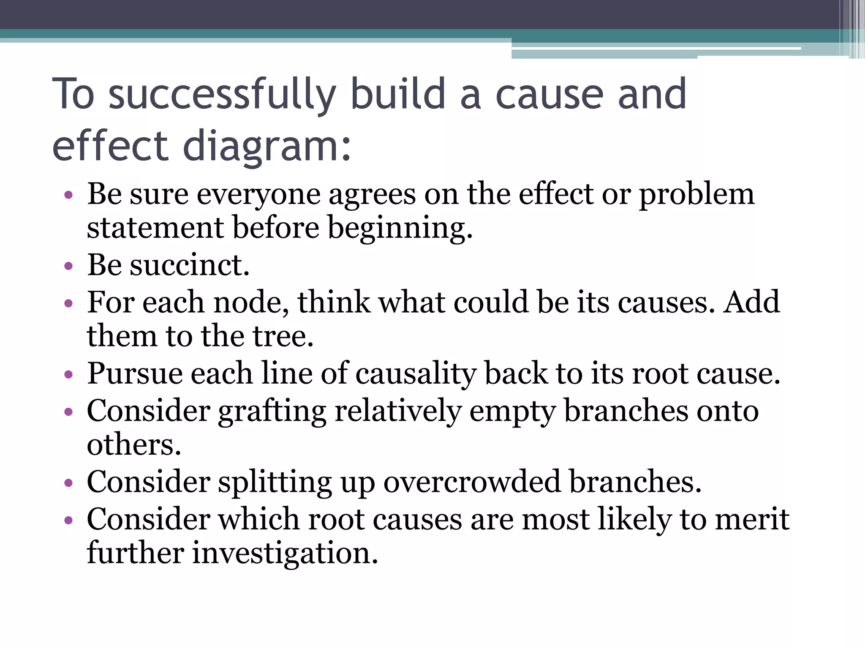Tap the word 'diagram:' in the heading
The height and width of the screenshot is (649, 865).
[267, 146]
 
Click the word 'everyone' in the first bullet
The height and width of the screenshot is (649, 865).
[258, 195]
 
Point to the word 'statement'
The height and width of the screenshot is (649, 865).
[155, 228]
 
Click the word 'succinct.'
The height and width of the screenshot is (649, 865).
[190, 265]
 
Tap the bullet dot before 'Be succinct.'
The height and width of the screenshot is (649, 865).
[68, 266]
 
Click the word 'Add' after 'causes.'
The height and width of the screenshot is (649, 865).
[751, 302]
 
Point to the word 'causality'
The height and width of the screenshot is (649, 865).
[416, 374]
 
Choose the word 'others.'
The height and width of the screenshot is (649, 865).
[134, 444]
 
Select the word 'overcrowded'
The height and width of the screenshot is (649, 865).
[472, 482]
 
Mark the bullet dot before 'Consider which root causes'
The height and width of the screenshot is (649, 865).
[68, 520]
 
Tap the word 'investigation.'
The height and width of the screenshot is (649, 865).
[285, 553]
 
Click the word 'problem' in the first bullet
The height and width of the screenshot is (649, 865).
[696, 195]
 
